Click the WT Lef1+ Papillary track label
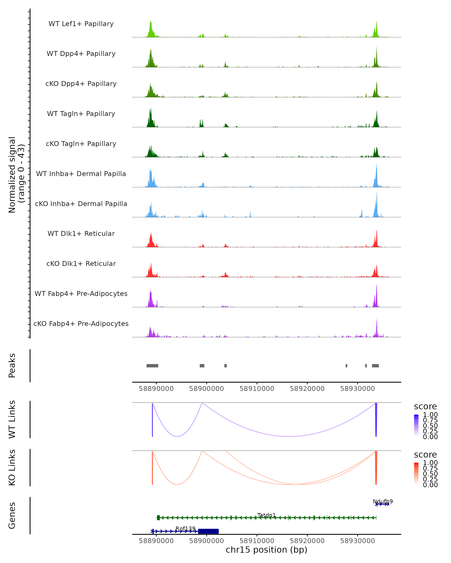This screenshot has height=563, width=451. (81, 24)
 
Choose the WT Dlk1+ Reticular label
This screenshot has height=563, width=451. (81, 233)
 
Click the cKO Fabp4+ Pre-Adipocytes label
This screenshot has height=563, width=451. (81, 324)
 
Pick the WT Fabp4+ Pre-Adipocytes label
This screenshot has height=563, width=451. (81, 294)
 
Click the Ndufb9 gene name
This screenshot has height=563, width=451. (382, 501)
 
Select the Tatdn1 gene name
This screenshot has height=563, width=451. (266, 515)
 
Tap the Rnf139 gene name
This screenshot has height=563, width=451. (185, 528)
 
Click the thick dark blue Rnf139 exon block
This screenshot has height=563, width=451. (208, 531)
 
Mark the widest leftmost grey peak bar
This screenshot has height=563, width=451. (152, 366)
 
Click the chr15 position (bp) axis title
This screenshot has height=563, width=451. (266, 550)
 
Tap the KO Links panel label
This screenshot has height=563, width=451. (12, 467)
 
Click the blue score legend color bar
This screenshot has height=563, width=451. (416, 425)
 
